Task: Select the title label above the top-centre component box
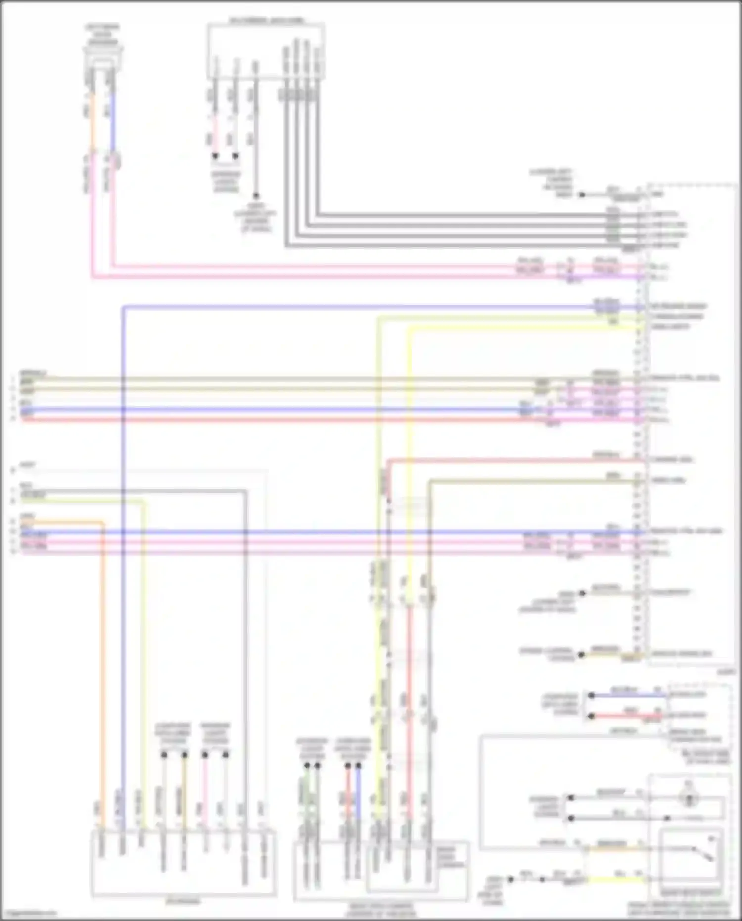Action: pos(266,21)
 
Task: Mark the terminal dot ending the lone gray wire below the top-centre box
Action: pos(256,195)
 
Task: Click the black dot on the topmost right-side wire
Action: pos(582,195)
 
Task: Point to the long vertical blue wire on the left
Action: pos(123,594)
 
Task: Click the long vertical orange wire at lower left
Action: pos(103,668)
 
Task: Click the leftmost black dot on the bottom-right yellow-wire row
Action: pos(511,879)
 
